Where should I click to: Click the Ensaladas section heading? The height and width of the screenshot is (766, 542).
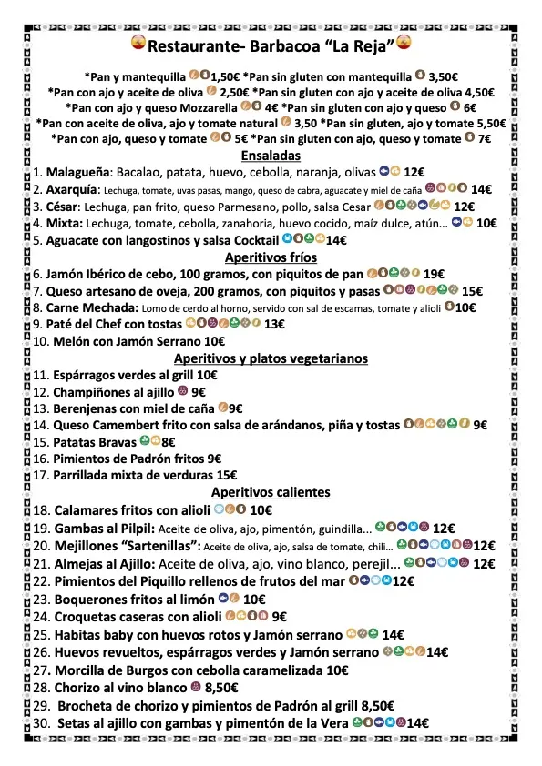click(271, 156)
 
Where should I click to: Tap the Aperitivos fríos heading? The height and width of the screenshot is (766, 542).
click(271, 257)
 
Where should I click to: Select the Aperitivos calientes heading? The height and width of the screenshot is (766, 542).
click(271, 492)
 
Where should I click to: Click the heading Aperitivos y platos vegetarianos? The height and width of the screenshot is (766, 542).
click(271, 358)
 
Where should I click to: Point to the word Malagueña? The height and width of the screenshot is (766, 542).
click(77, 171)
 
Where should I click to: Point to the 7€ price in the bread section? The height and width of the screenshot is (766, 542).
click(484, 139)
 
